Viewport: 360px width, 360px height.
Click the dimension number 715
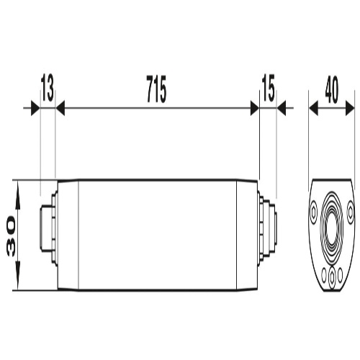(156, 89)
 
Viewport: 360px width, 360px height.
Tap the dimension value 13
(48, 88)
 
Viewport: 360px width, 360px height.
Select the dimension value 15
(269, 88)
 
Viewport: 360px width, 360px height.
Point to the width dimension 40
(332, 89)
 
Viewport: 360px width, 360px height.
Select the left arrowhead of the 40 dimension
(313, 108)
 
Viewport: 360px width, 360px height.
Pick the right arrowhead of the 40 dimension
(350, 108)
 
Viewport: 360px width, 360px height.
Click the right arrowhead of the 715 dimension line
(255, 108)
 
